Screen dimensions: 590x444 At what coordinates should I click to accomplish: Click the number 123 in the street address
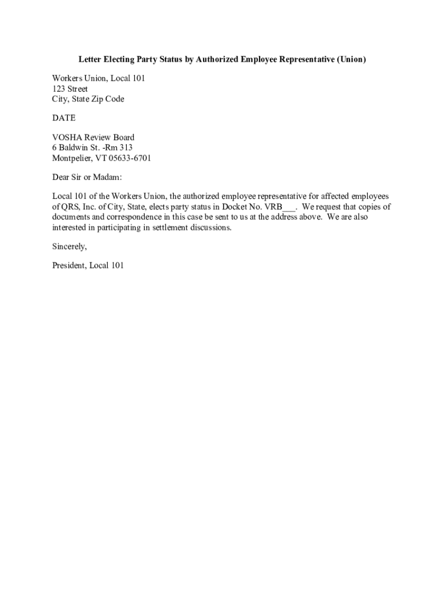(59, 89)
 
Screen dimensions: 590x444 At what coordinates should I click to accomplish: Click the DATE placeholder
(64, 118)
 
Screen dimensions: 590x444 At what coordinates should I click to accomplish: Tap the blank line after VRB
(289, 209)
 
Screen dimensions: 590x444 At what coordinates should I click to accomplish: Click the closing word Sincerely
(69, 247)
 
